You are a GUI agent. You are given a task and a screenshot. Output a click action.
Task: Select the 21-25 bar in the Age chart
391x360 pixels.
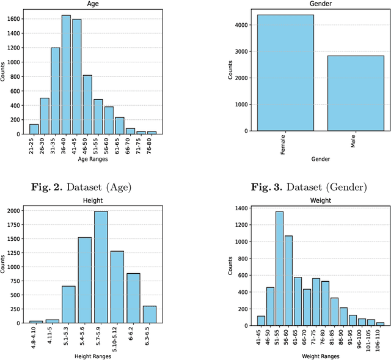[34, 129]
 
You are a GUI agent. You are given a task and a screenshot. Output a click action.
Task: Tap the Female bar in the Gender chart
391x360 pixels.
[285, 73]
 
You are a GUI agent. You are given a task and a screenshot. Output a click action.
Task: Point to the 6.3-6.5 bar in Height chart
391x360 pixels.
[149, 314]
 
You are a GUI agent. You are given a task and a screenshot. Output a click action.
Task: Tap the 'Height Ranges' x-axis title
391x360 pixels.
[93, 356]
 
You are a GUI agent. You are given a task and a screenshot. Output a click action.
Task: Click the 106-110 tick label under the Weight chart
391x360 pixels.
[380, 337]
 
